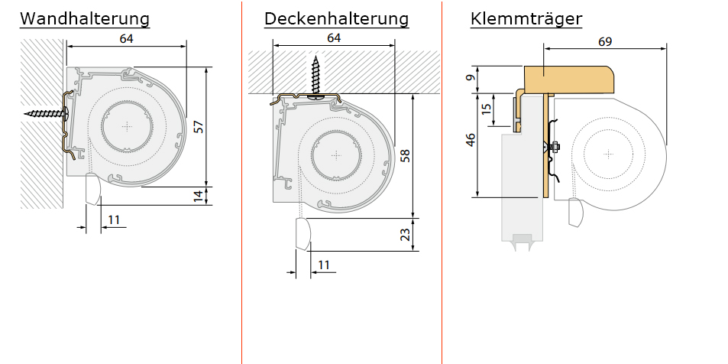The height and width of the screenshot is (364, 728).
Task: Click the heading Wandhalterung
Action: pos(85,18)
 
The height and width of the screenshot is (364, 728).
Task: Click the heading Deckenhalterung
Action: pos(336,18)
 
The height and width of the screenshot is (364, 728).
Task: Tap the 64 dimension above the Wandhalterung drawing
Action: pos(127,39)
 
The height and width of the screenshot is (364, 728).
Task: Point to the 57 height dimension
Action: pos(199,126)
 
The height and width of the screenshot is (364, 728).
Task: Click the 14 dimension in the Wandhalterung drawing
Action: pos(199,196)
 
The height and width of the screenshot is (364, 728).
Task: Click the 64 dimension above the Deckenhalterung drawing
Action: pos(334,38)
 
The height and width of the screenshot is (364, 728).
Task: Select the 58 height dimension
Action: pos(406,155)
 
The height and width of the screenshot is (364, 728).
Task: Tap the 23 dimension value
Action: pos(406,235)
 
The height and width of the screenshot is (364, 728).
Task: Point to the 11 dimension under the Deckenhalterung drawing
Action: pos(324,265)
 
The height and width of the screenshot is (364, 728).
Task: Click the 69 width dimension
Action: pos(605,42)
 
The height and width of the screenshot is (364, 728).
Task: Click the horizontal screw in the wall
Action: pos(46,113)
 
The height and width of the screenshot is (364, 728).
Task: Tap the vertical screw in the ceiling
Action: pos(315,76)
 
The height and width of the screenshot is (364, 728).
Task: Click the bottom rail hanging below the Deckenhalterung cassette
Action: pos(303,233)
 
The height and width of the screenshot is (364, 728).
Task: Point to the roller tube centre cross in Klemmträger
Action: pos(608,154)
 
